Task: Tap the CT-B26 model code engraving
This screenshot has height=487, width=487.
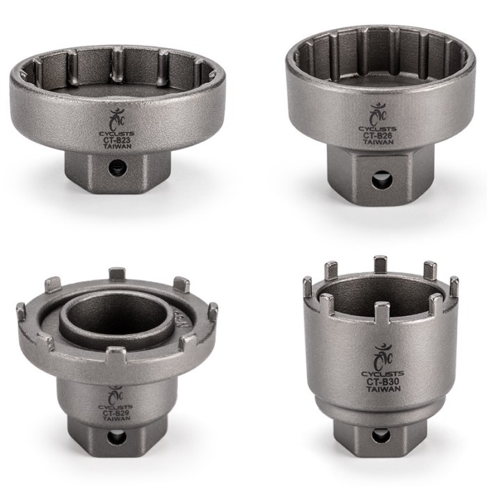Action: [378, 136]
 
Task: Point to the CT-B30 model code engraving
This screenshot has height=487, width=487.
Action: [385, 381]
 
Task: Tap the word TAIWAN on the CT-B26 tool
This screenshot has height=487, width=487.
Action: [378, 144]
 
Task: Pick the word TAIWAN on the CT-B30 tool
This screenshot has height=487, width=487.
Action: [385, 390]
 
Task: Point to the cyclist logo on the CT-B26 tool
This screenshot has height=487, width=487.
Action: [378, 113]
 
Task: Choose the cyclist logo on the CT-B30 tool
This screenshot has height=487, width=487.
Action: [385, 355]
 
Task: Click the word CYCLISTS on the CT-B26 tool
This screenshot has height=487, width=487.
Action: [378, 129]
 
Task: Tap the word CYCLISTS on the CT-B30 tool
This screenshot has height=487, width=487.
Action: [385, 373]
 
